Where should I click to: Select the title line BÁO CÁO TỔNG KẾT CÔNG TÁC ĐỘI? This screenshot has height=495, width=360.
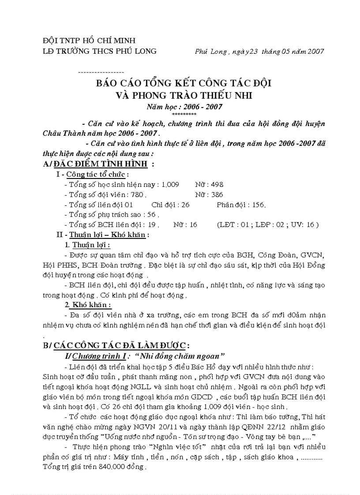(184, 83)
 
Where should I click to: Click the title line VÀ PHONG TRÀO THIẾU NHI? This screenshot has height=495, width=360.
(184, 95)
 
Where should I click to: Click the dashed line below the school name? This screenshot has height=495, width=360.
(101, 72)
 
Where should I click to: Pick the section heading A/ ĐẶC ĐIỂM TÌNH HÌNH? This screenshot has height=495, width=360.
(99, 164)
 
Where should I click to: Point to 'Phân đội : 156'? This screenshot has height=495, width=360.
(241, 205)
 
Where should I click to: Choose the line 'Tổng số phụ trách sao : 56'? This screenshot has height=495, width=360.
(112, 215)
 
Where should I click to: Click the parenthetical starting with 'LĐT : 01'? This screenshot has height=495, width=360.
(268, 225)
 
